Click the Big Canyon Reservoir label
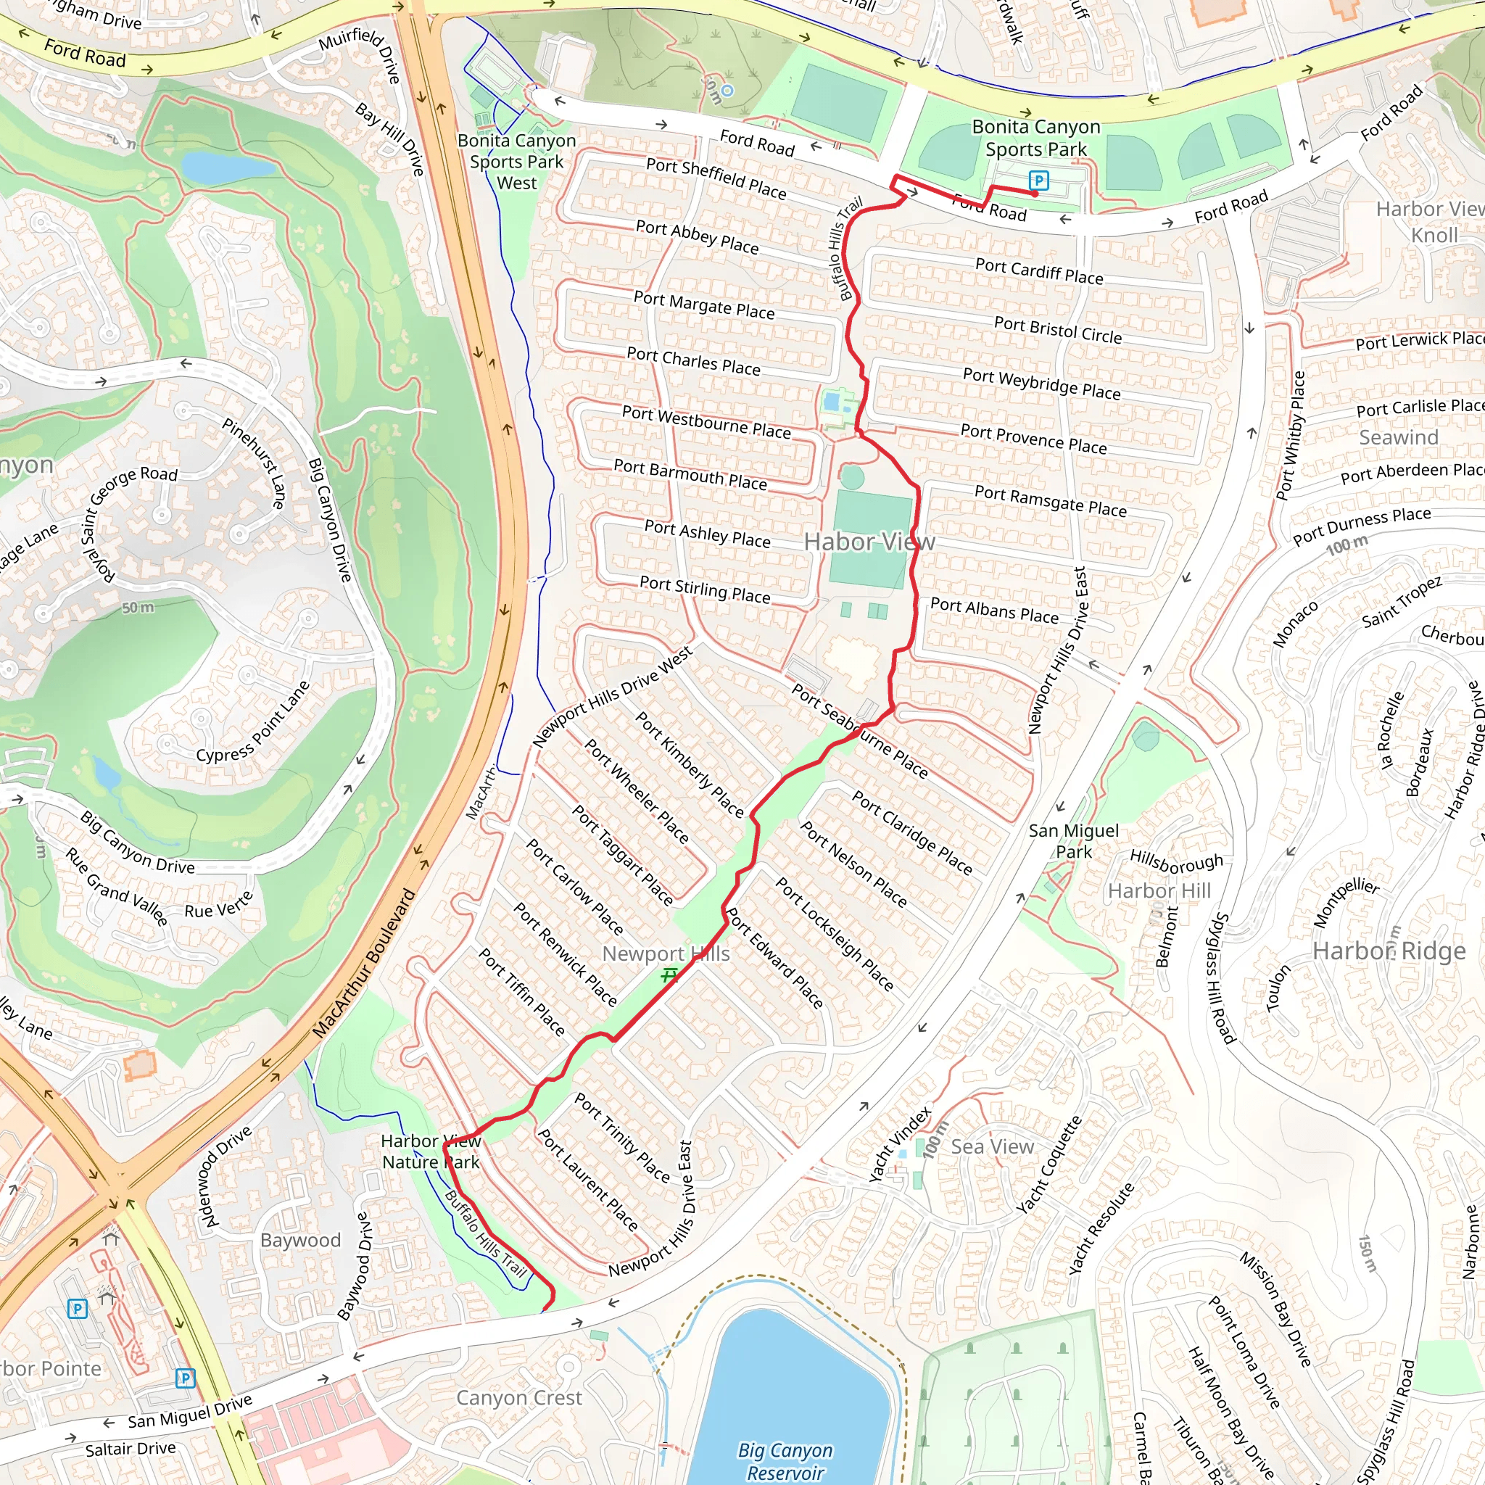coord(784,1461)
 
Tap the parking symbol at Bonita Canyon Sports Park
coord(1038,181)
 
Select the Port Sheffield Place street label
coord(716,178)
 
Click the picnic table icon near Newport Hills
coord(669,975)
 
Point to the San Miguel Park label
coord(1073,841)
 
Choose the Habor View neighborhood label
coord(869,542)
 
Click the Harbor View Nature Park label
coord(431,1151)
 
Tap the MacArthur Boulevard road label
coord(363,964)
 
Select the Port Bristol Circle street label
coord(1058,329)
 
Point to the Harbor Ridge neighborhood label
coord(1388,951)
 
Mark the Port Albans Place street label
coord(994,611)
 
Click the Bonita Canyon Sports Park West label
coord(516,162)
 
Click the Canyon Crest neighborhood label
coord(519,1397)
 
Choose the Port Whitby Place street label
coord(1291,435)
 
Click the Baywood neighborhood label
coord(299,1240)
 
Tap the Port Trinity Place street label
coord(622,1138)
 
